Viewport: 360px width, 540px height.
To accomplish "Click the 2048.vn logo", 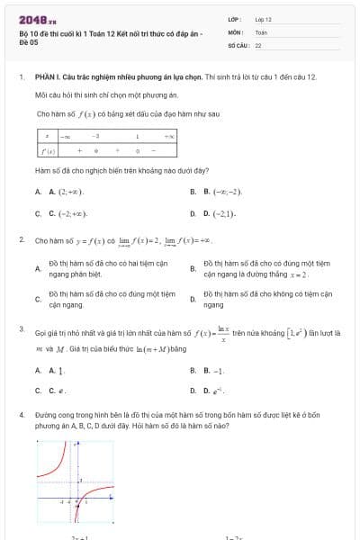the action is (x=37, y=19).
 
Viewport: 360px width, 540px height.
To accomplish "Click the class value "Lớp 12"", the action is (x=263, y=19).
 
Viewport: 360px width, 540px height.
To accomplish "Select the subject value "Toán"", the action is (x=261, y=31).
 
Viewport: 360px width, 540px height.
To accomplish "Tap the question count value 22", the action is (x=258, y=44).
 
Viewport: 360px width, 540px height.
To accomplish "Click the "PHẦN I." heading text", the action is (x=46, y=77).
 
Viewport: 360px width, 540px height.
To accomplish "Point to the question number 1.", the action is (x=20, y=77).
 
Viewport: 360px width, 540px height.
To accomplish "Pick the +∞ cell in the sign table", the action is (x=170, y=136).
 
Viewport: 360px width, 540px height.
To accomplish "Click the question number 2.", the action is (x=21, y=240).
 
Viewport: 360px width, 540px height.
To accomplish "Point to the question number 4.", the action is (x=21, y=415).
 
